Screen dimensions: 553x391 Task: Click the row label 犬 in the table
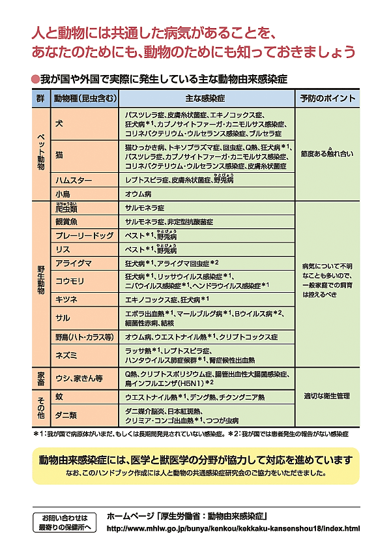(x=59, y=123)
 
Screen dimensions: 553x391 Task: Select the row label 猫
(x=59, y=155)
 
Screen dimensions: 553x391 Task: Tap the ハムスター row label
(x=74, y=180)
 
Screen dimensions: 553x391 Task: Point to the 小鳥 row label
(x=63, y=194)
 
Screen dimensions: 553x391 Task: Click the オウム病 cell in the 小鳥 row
(x=138, y=194)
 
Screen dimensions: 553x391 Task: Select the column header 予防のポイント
(x=327, y=98)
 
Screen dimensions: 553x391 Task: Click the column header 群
(x=40, y=98)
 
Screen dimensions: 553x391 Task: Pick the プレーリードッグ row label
(x=84, y=235)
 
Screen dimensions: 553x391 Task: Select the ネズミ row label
(x=66, y=355)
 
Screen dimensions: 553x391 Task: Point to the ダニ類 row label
(x=67, y=415)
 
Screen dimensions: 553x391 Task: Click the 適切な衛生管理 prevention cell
(x=327, y=395)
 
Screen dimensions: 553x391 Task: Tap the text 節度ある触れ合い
(x=327, y=154)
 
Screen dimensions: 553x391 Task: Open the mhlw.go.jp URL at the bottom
(x=233, y=528)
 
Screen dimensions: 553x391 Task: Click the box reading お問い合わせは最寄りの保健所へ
(x=65, y=522)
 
